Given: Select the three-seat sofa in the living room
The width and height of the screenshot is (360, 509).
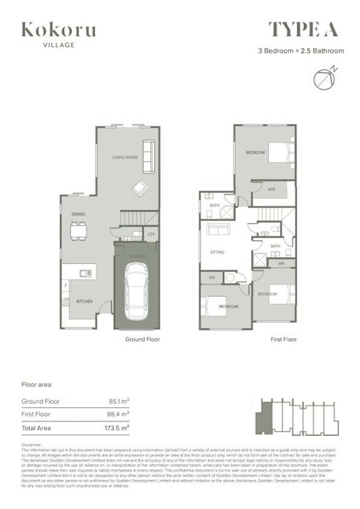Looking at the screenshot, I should tap(149, 157).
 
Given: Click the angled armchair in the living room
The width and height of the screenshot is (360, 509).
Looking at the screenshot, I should tap(141, 188).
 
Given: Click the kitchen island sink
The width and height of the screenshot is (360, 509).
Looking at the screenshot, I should tap(86, 273).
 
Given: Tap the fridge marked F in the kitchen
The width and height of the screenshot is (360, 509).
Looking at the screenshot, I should tap(66, 286).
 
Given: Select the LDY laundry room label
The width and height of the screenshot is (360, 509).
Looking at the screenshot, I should tap(151, 234).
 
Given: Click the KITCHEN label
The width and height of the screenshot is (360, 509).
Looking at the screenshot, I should tap(84, 302).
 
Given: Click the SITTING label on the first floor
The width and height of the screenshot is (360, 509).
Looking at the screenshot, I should tap(217, 252).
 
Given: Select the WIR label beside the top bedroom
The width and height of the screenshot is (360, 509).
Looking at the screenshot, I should tap(272, 189).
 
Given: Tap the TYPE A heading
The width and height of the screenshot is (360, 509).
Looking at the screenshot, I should tap(303, 30).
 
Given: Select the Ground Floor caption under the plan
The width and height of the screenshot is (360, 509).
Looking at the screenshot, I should tap(143, 339).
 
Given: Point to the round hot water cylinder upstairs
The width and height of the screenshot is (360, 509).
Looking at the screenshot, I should tap(231, 278).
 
